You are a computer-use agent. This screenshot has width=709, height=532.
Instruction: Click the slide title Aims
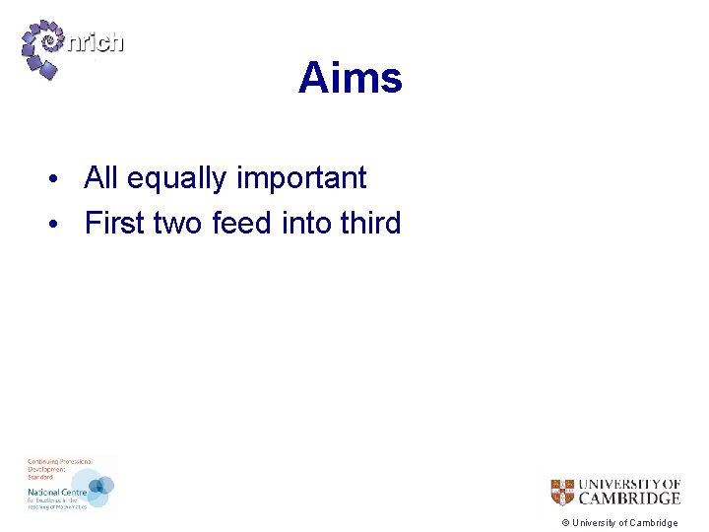coord(350,78)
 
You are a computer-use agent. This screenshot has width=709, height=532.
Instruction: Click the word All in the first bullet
coord(101,178)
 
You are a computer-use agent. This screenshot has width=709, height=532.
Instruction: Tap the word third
coord(370,224)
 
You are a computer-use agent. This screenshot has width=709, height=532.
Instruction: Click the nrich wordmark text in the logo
coord(96,42)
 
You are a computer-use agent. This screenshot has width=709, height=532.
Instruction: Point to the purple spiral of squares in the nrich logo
coord(44,48)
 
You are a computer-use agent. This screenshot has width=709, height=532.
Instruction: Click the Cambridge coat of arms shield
coord(562,492)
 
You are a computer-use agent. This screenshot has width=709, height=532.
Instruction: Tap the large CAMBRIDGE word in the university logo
coord(628,499)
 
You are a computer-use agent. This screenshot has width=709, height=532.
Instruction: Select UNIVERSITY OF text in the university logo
coord(628,484)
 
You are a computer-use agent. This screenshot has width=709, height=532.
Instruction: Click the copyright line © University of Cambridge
coord(619,523)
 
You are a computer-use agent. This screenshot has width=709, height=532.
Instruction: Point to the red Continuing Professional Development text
coord(59,467)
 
